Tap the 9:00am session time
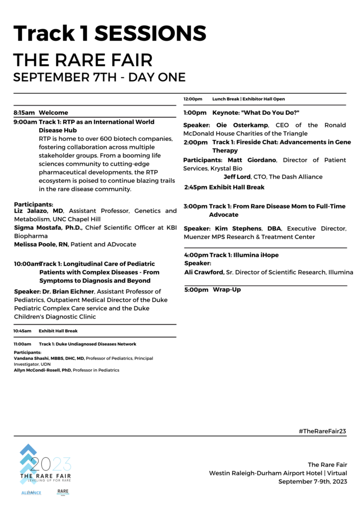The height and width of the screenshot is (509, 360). click(x=25, y=122)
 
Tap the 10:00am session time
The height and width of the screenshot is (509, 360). click(x=26, y=263)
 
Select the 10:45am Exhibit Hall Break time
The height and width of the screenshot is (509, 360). click(x=22, y=331)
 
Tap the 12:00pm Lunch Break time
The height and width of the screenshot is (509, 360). click(x=193, y=99)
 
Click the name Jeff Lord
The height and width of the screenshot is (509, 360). click(x=237, y=176)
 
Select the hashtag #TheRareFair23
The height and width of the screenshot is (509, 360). click(x=322, y=431)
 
